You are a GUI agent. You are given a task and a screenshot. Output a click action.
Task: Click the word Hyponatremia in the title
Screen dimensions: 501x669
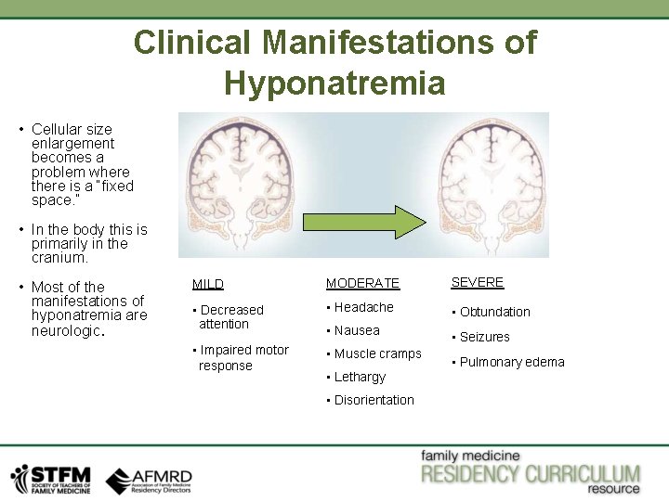pyautogui.click(x=334, y=83)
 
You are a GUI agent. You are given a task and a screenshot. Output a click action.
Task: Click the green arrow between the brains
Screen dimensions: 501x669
pyautogui.click(x=362, y=223)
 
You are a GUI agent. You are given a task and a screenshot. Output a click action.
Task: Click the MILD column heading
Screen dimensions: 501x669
pyautogui.click(x=207, y=284)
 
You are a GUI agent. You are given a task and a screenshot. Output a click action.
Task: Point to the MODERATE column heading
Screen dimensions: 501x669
pyautogui.click(x=362, y=283)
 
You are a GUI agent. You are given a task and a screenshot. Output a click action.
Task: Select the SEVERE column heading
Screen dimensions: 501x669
pyautogui.click(x=477, y=282)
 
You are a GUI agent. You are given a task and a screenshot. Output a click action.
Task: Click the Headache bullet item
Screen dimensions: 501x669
pyautogui.click(x=363, y=307)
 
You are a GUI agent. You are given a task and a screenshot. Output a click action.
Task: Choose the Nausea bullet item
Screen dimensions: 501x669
pyautogui.click(x=357, y=330)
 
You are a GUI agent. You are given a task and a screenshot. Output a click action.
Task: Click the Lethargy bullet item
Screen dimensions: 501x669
pyautogui.click(x=360, y=377)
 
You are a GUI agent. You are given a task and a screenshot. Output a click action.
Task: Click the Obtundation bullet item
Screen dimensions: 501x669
pyautogui.click(x=494, y=312)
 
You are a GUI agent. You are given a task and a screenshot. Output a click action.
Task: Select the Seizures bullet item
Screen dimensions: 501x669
pyautogui.click(x=484, y=337)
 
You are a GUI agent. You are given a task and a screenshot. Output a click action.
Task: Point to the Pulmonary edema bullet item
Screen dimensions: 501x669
pyautogui.click(x=511, y=362)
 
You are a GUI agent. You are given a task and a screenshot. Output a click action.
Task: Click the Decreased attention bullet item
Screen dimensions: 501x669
pyautogui.click(x=230, y=316)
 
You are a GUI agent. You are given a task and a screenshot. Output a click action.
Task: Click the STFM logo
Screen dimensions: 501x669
pyautogui.click(x=51, y=479)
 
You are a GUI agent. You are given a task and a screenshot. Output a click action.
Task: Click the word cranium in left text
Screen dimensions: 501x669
pyautogui.click(x=59, y=258)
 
